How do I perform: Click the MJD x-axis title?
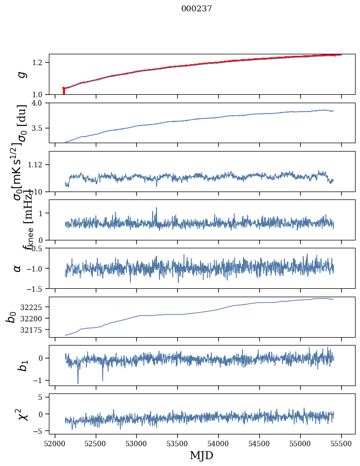click(201, 455)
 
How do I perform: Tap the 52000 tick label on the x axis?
click(55, 443)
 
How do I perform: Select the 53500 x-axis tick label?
click(178, 443)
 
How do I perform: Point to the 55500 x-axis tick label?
click(342, 443)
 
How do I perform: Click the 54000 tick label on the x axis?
click(219, 443)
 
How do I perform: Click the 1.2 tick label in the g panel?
click(40, 62)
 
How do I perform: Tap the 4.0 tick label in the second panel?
click(40, 103)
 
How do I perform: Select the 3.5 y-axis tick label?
click(40, 128)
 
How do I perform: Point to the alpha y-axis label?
click(18, 268)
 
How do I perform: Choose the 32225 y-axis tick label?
click(33, 307)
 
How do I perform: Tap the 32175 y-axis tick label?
click(33, 329)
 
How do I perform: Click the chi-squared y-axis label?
click(22, 414)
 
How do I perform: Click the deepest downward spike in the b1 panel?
click(78, 383)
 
